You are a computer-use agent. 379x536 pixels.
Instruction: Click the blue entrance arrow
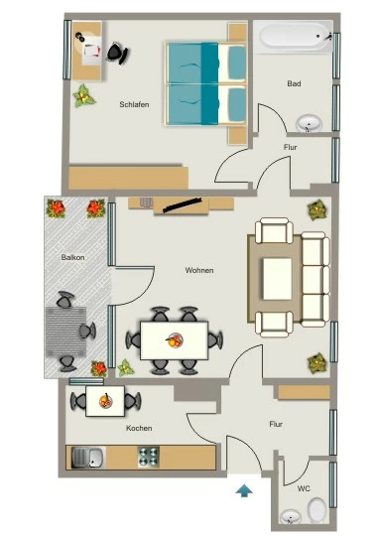[x=244, y=490]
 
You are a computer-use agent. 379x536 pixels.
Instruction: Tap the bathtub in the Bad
[x=294, y=37]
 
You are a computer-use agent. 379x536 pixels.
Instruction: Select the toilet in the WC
[x=316, y=509]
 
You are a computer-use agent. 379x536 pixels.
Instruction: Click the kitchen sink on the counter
[x=87, y=458]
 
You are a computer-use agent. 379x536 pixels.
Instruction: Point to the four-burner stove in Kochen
[x=149, y=457]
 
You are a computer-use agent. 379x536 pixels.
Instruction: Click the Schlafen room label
[x=134, y=104]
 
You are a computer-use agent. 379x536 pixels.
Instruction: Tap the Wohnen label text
[x=199, y=270]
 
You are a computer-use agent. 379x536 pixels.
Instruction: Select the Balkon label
[x=72, y=257]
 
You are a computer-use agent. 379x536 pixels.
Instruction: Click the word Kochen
[x=139, y=428]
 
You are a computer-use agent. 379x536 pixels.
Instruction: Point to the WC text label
[x=304, y=488]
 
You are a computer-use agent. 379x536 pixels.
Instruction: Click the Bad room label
[x=294, y=83]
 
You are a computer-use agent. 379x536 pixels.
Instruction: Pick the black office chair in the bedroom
[x=118, y=53]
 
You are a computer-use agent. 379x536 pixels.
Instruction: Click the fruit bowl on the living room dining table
[x=175, y=340]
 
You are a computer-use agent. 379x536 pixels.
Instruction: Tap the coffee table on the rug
[x=277, y=279]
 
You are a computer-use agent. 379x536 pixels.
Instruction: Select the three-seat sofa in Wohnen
[x=316, y=279]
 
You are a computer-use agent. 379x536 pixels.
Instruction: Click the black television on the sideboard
[x=182, y=205]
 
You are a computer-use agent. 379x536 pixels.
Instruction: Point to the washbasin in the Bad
[x=309, y=123]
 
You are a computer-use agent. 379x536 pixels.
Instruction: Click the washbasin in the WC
[x=291, y=516]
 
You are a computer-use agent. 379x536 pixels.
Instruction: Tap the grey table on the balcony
[x=65, y=332]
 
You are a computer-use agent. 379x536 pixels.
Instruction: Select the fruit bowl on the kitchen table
[x=105, y=401]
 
